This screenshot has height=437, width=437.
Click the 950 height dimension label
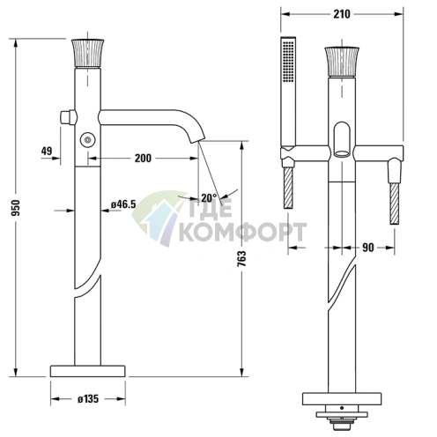click(x=12, y=208)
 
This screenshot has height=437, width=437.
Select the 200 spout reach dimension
click(x=142, y=159)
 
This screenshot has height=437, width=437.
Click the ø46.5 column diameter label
click(x=122, y=204)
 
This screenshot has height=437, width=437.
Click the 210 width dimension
click(x=341, y=15)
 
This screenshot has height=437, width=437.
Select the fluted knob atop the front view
click(x=338, y=61)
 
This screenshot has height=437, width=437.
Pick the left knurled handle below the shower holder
click(x=288, y=188)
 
